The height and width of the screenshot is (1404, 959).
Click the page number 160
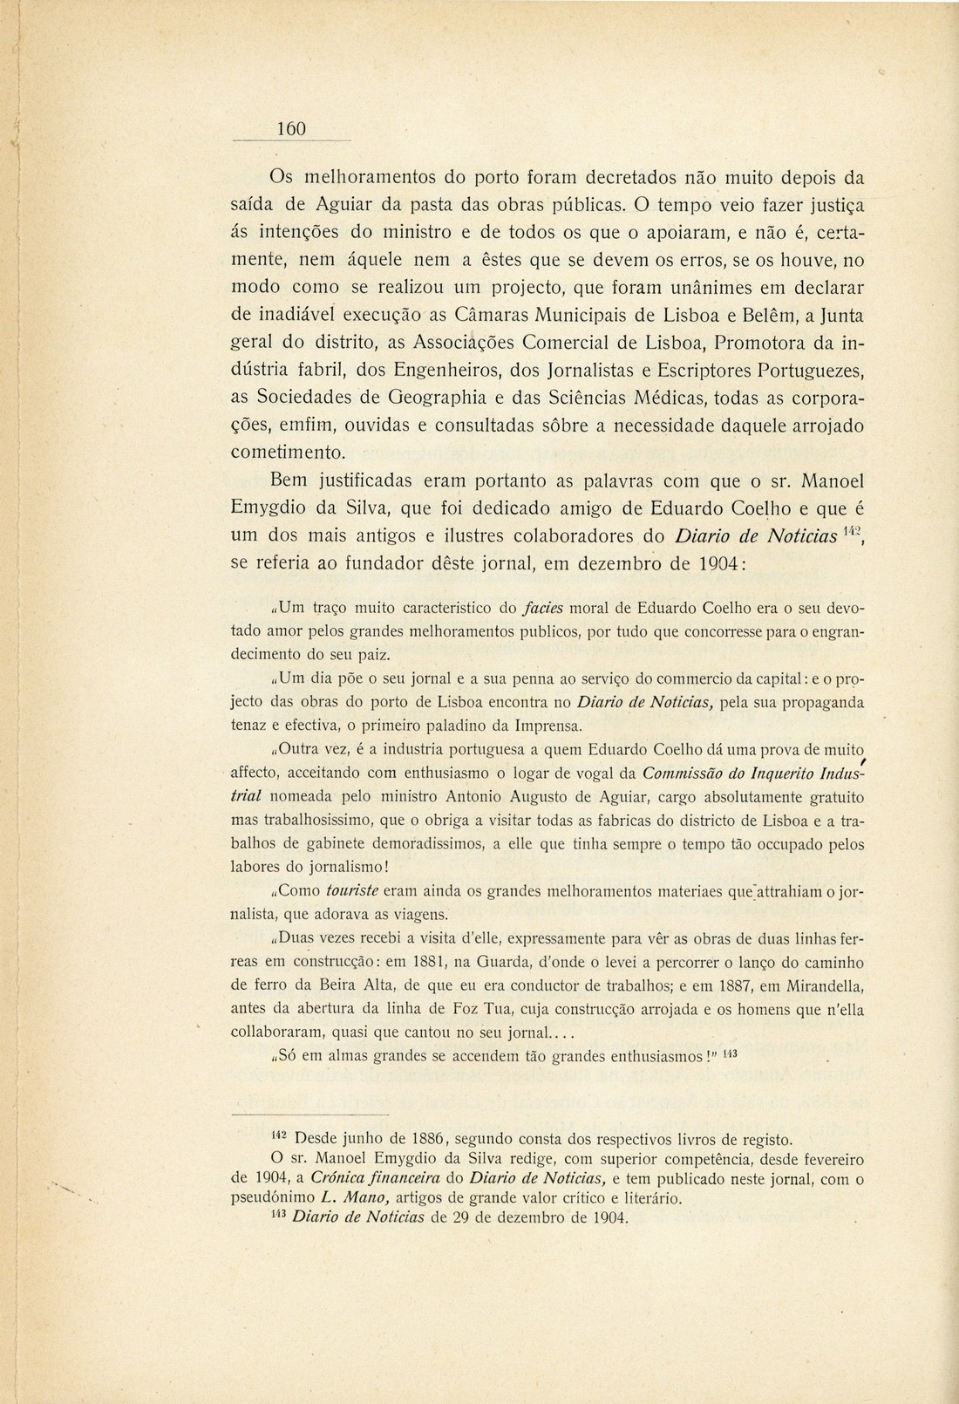[x=292, y=129]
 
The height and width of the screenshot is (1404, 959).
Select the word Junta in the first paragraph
[x=834, y=314]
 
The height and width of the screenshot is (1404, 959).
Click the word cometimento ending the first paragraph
[x=288, y=453]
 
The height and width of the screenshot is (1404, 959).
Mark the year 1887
[x=737, y=986]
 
